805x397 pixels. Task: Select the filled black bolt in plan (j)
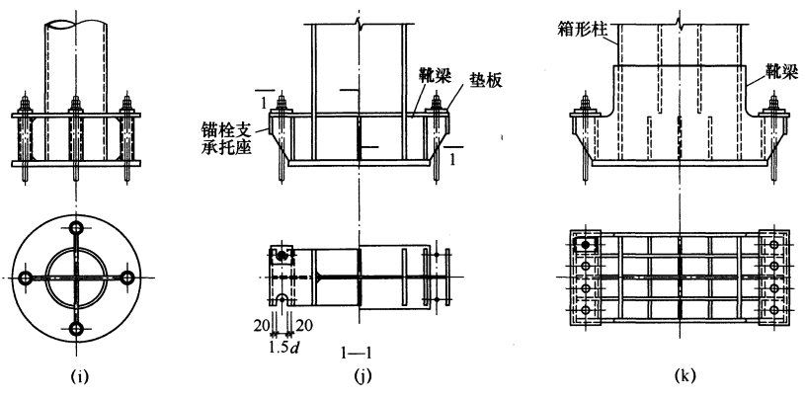click(x=283, y=256)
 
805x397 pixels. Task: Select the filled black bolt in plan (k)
click(x=586, y=244)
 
